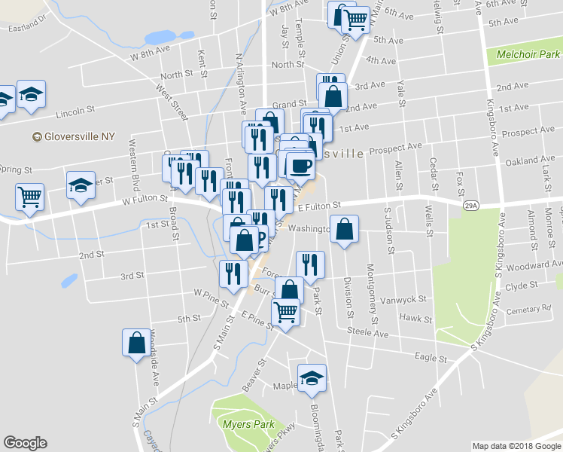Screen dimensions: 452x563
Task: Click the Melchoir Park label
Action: tap(529, 54)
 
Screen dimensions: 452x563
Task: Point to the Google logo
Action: tap(25, 443)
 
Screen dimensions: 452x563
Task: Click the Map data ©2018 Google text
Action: tap(516, 446)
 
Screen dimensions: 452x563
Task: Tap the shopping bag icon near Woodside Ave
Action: tap(136, 343)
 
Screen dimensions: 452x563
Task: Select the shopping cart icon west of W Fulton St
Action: tap(29, 197)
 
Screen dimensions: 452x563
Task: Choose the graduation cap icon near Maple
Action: tap(311, 379)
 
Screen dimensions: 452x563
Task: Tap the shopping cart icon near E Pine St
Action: tap(285, 311)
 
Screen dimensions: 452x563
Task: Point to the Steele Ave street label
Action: tap(367, 332)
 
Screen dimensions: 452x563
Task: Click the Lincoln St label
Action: tap(75, 112)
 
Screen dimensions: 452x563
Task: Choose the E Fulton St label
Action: tap(319, 205)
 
